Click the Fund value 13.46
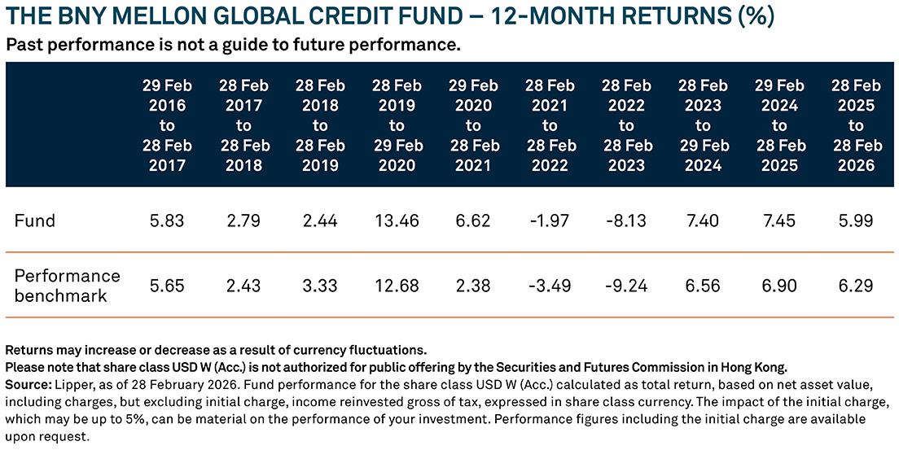coord(397,221)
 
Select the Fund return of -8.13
coord(626,221)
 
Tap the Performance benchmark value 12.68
coord(397,286)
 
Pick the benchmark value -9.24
coord(626,286)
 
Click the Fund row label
coord(35,221)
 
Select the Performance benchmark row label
coord(67,286)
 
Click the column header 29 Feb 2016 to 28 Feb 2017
coord(167,125)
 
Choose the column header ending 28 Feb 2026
coord(856,125)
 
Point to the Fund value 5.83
coord(167,221)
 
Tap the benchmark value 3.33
coord(320,286)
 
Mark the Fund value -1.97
coord(550,221)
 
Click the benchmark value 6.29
coord(856,286)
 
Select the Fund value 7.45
coord(779,221)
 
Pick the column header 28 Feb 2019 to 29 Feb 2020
coord(397,125)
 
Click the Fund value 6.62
coord(473,221)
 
